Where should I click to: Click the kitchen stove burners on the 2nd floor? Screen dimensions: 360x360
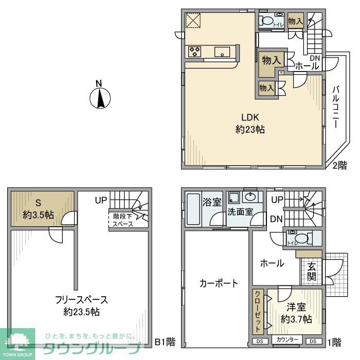click(195, 51)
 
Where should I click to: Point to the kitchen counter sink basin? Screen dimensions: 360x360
click(223, 51)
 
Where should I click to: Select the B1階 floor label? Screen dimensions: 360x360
click(165, 341)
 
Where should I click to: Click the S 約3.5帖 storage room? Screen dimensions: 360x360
click(41, 208)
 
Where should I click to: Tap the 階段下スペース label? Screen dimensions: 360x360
click(123, 220)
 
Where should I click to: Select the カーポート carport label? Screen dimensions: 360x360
click(219, 283)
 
